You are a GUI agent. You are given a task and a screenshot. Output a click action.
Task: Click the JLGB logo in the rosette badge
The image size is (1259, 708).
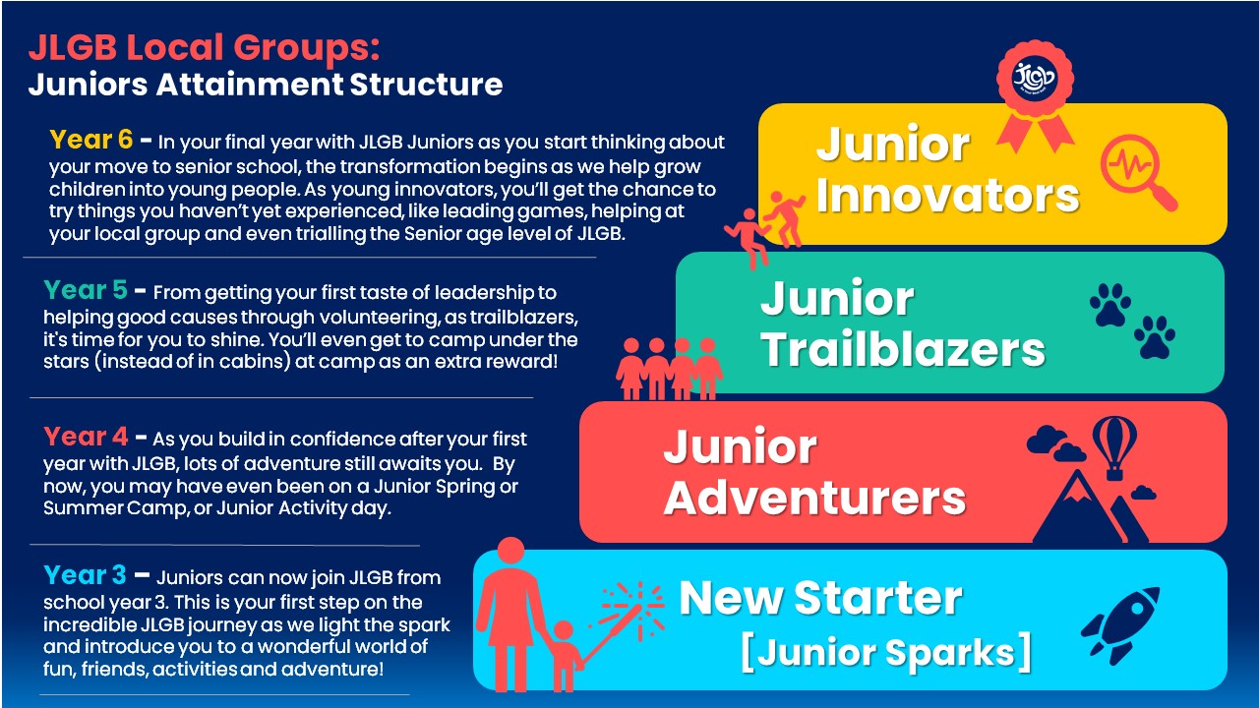tap(1035, 78)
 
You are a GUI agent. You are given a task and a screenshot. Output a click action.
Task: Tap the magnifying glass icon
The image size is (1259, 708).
tap(1136, 171)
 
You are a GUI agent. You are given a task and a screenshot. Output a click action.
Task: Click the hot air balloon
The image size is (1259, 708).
tap(1114, 446)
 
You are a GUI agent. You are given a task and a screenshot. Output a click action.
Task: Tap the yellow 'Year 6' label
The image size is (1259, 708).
tap(91, 139)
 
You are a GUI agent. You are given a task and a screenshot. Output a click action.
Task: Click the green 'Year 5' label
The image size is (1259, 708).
tap(86, 290)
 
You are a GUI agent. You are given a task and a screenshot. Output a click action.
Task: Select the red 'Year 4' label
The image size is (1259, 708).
tap(86, 436)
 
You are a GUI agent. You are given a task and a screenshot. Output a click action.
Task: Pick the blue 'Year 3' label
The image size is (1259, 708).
tap(86, 575)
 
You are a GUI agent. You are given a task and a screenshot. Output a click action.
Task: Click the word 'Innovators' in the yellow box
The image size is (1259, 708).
tap(947, 196)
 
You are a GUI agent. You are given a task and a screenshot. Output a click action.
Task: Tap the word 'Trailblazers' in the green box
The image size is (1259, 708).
tap(903, 349)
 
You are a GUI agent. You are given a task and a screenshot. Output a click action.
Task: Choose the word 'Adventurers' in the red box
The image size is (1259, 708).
tap(814, 499)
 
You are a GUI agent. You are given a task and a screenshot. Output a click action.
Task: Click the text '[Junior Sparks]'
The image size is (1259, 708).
tap(886, 652)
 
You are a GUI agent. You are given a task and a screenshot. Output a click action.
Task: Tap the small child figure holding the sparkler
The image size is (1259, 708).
tap(564, 656)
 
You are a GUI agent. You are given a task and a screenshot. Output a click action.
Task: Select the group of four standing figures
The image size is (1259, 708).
tap(669, 369)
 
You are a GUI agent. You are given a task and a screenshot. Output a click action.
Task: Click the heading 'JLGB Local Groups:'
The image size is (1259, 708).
tap(205, 47)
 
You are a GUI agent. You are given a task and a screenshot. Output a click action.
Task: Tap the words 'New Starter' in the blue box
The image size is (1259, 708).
tap(821, 599)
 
